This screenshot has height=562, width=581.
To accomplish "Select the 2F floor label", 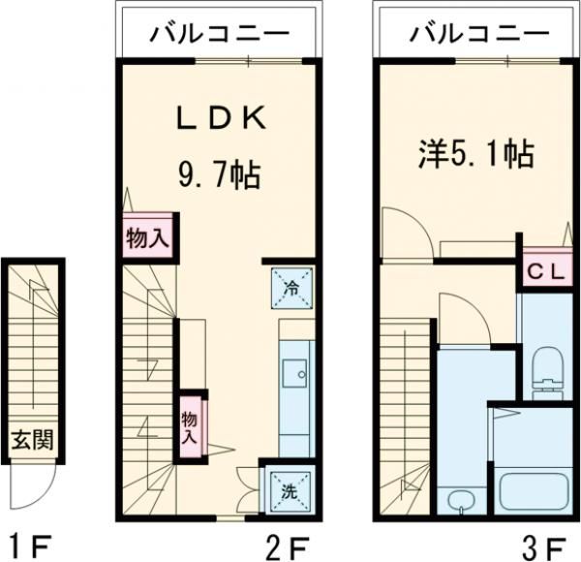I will pyautogui.click(x=285, y=545).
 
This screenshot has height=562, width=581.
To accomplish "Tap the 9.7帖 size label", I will pyautogui.click(x=219, y=175).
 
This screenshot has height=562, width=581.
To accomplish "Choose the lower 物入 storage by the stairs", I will pyautogui.click(x=191, y=425).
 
